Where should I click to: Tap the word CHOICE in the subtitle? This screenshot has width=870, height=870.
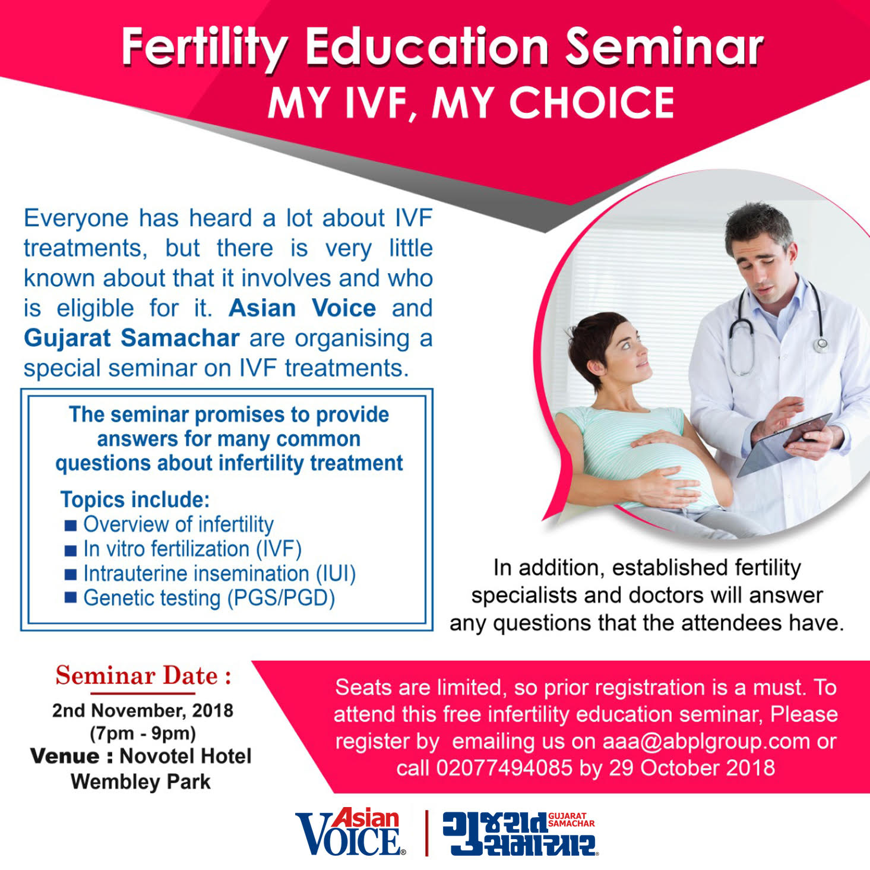coord(592,103)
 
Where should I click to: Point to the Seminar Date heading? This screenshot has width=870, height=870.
coord(144,676)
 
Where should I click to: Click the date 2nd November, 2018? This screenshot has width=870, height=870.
coord(143,711)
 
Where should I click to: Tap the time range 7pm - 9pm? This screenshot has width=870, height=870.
coord(143,733)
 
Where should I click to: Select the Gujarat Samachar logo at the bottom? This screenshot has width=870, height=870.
coord(519,833)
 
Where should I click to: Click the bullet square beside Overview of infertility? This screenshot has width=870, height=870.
coord(71,525)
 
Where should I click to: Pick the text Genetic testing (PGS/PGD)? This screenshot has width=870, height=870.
coord(209,598)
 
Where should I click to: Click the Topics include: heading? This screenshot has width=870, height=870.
coord(135,500)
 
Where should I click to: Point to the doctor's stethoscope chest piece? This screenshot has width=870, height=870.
coord(820,345)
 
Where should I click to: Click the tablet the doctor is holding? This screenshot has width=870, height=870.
coord(784,445)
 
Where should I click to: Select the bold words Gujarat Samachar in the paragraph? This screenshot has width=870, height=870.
coord(131,338)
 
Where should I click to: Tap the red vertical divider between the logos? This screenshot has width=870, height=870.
coord(426,833)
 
